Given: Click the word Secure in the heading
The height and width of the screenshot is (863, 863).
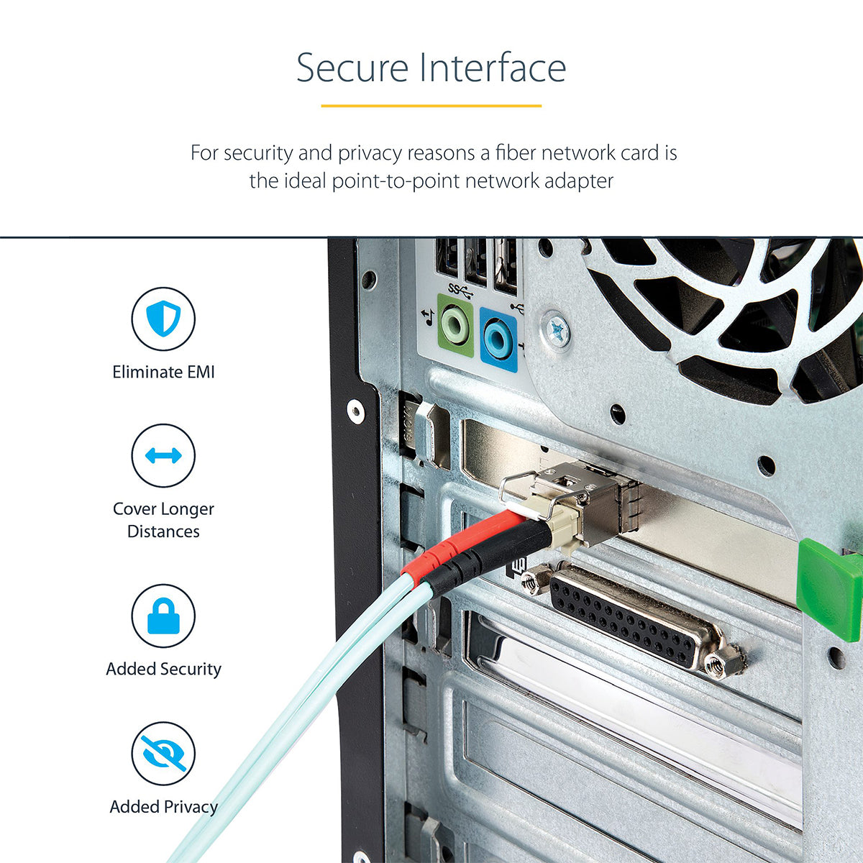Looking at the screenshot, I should coord(352,68).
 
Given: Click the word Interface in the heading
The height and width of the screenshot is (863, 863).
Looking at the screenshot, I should coord(493,68).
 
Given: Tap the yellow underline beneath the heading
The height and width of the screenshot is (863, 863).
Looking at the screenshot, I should coord(431,106).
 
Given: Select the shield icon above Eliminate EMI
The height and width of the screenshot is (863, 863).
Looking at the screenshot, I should coord(163,319).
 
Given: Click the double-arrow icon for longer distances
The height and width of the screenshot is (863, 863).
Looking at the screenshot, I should coord(163,455).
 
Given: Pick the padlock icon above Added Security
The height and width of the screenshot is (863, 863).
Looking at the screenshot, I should coord(163,616).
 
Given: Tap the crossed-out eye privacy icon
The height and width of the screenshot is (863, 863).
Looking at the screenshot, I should coord(163,754).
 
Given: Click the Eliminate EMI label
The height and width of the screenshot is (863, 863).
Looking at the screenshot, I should coord(163,372).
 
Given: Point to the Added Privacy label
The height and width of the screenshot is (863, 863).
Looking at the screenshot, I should coord(163,807).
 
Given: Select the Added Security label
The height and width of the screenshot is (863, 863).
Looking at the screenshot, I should coord(163,669).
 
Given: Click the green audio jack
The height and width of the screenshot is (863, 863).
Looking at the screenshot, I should coord(455,327).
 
